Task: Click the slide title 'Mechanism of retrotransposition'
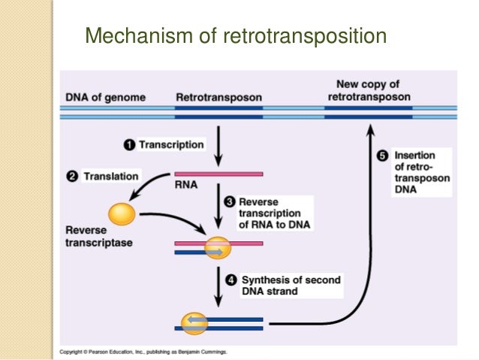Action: tap(235, 35)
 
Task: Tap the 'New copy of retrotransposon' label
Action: tap(368, 90)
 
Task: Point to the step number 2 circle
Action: tap(72, 177)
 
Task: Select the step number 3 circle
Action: tap(231, 201)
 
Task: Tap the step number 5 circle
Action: tap(382, 156)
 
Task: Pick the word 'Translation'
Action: tap(110, 177)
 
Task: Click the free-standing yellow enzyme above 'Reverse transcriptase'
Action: tap(122, 214)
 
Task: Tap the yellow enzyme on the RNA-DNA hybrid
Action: tap(218, 247)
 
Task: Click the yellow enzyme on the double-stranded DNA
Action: tap(195, 324)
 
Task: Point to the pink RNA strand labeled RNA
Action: tap(218, 174)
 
